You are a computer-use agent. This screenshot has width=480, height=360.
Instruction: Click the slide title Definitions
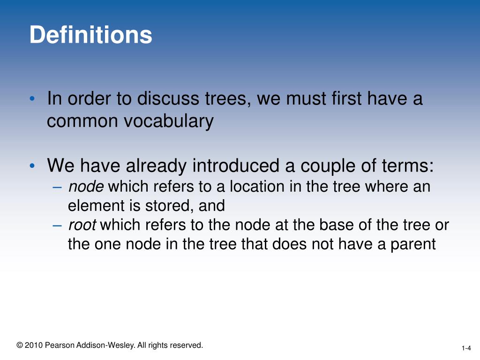(x=91, y=35)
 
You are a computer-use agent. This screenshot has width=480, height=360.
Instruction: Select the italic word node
(x=86, y=187)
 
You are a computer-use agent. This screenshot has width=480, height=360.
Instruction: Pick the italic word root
(x=82, y=225)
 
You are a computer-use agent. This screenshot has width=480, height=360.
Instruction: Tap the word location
(x=247, y=187)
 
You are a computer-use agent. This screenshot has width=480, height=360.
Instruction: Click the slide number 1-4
(x=466, y=348)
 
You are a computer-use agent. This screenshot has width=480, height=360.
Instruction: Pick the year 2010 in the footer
(x=34, y=345)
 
